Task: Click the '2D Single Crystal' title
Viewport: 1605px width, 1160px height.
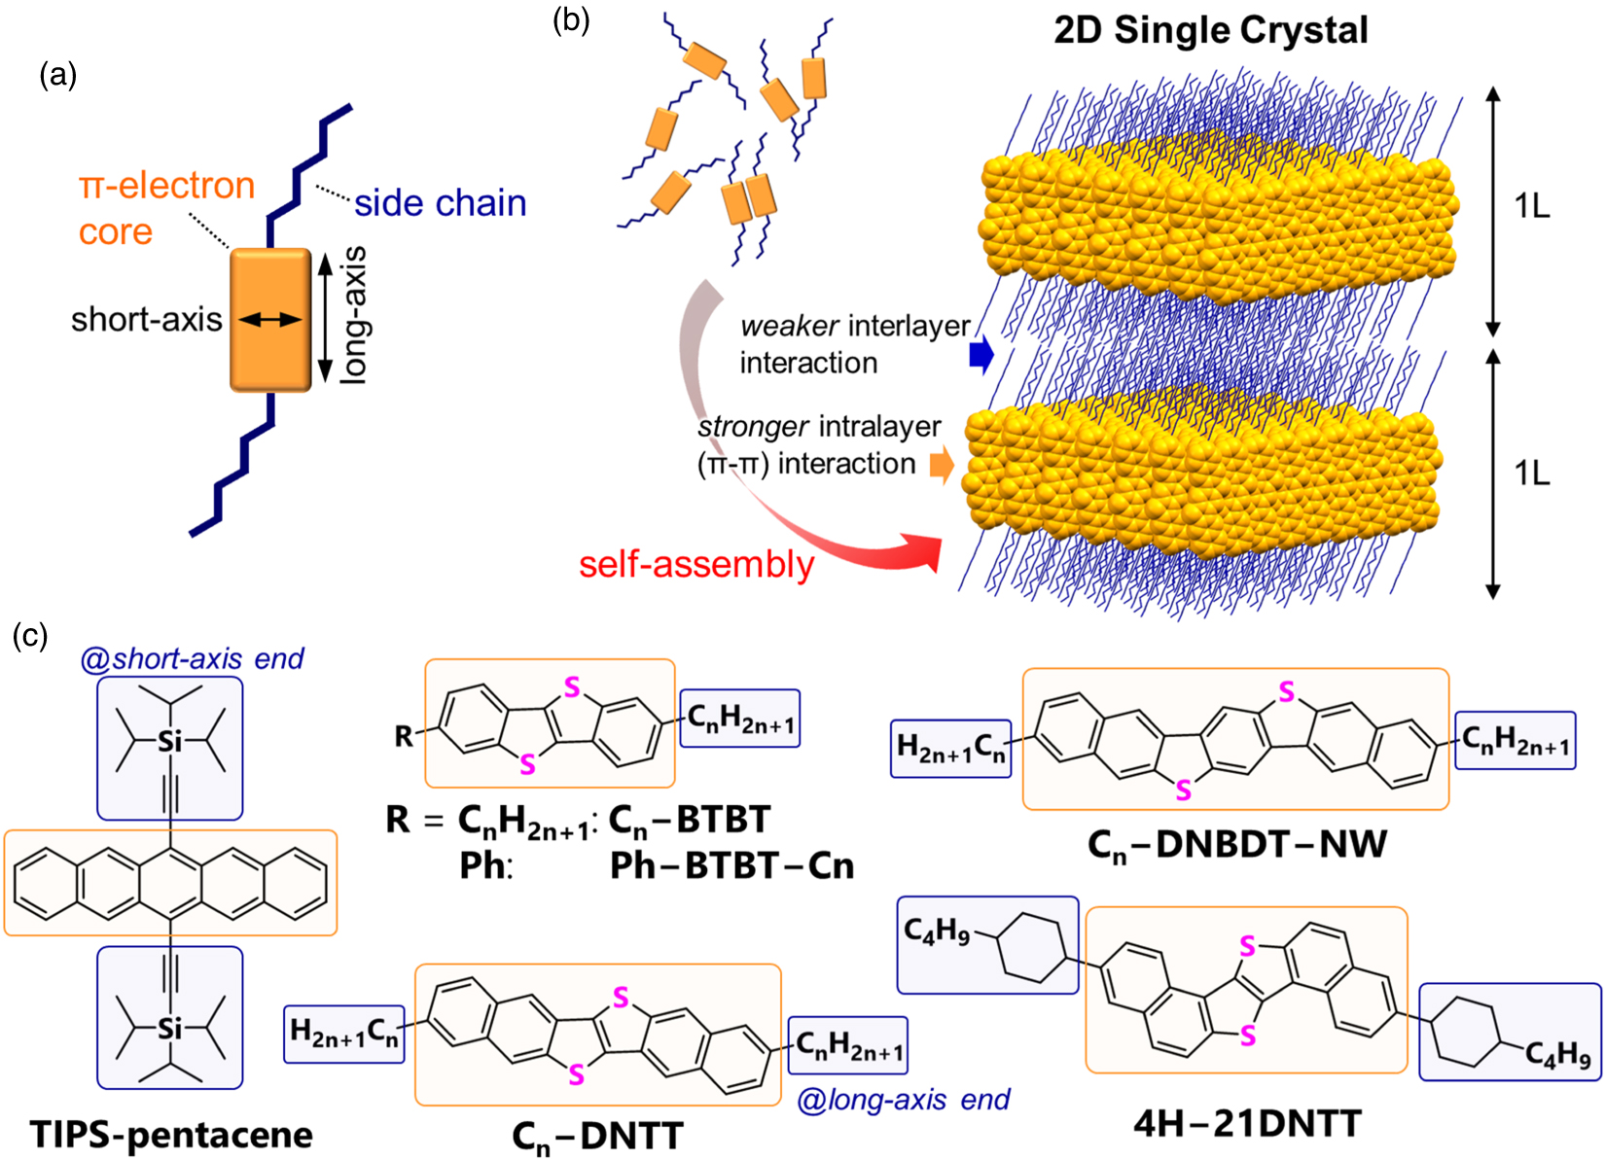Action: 1210,30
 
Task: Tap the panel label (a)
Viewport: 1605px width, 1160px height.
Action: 57,75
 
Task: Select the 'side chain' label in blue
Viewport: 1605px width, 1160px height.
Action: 440,203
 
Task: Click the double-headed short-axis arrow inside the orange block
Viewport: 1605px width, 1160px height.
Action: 270,319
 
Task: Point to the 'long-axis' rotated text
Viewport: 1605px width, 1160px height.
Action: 354,315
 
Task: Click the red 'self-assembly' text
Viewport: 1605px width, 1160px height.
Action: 696,565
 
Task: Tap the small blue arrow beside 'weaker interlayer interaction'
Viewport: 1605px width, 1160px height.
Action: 981,355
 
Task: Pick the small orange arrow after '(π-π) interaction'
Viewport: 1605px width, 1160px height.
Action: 942,465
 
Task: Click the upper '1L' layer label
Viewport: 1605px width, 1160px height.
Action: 1532,207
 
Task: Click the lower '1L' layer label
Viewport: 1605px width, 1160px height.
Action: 1532,474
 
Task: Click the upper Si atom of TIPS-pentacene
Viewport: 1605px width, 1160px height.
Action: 170,742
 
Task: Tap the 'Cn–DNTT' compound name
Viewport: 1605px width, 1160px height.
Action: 597,1137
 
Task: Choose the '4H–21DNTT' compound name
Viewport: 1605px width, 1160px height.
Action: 1247,1124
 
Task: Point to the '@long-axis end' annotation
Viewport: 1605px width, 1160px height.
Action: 903,1100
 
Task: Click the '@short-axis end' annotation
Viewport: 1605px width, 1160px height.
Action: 192,659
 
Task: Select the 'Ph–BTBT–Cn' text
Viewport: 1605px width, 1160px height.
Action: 731,865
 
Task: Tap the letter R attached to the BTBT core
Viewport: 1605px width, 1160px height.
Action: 404,737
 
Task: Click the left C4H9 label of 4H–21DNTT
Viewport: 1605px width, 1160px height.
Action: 936,932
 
